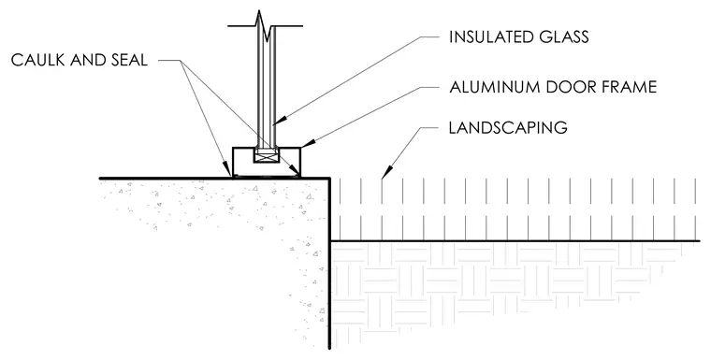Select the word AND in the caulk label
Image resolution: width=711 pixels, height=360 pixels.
(87, 60)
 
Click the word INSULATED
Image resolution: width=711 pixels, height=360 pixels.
(488, 37)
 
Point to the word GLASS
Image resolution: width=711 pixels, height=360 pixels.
(562, 37)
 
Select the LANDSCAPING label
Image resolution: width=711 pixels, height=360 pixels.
(508, 128)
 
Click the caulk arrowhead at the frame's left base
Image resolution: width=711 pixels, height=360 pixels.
(228, 171)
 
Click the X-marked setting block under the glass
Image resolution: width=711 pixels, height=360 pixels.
(265, 157)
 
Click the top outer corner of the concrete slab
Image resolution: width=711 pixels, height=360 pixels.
(329, 179)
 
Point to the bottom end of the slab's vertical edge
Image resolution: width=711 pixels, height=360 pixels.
(329, 349)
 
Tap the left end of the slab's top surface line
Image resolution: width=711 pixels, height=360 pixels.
(100, 179)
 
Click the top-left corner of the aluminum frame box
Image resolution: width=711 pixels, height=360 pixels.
(233, 148)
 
